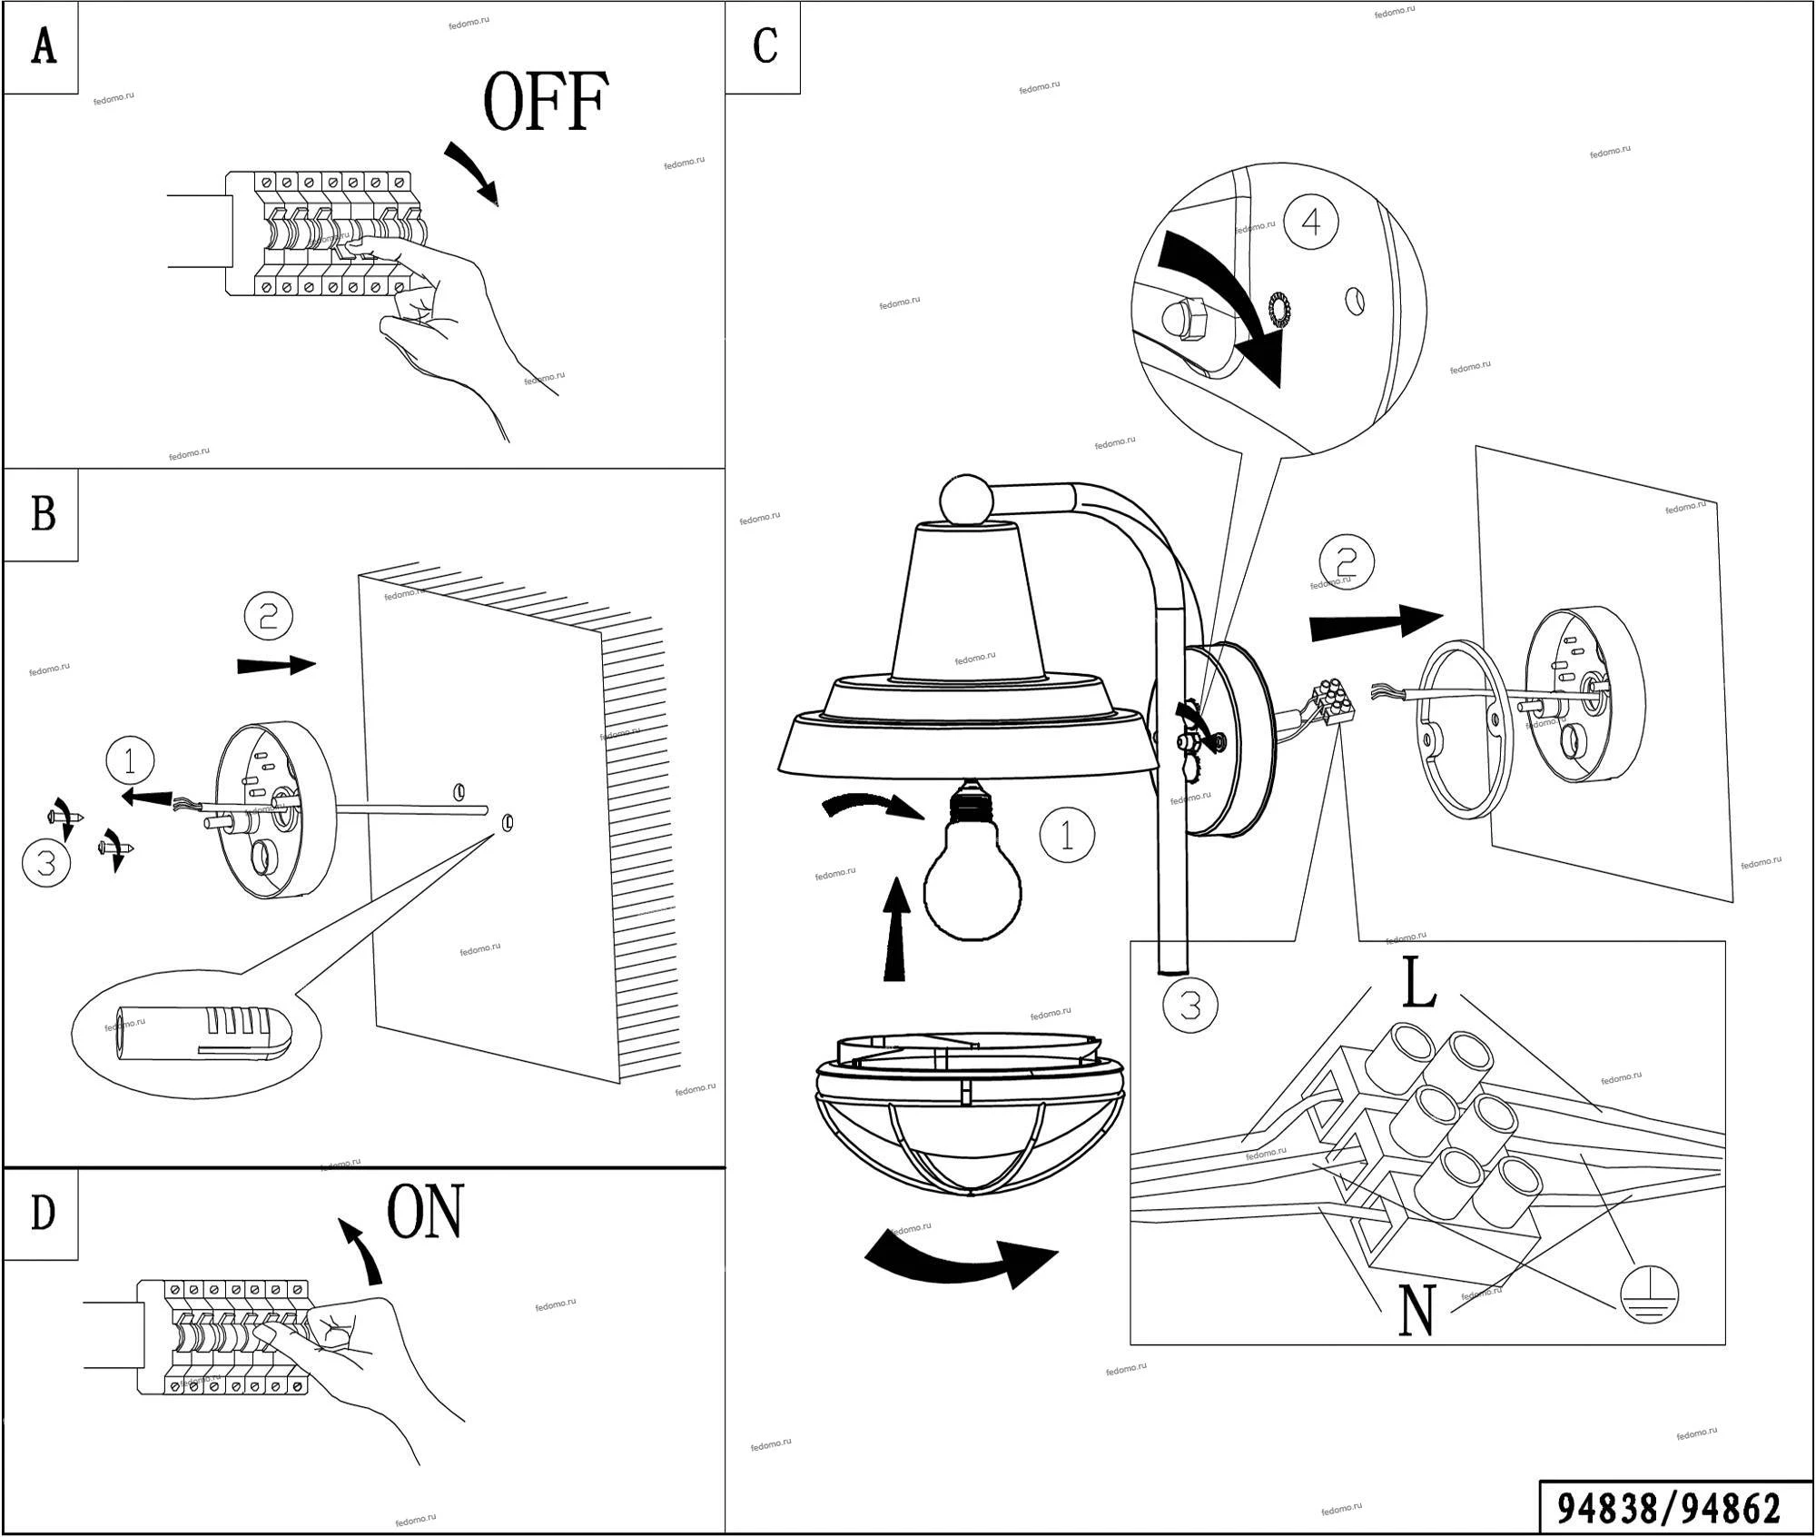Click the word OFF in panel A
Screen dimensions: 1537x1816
545,102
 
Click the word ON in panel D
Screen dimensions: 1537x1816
425,1212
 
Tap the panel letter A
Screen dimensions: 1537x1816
43,46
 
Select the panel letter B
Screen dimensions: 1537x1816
43,514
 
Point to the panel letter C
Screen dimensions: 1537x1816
765,45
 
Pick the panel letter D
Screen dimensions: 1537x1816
43,1213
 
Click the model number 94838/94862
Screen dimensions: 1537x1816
1669,1508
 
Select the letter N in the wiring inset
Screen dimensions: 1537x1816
1416,1311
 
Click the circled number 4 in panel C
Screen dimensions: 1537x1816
1311,222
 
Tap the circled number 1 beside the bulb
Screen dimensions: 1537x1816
1067,835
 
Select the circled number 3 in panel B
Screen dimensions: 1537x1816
46,863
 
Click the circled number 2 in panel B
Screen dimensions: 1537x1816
269,618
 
